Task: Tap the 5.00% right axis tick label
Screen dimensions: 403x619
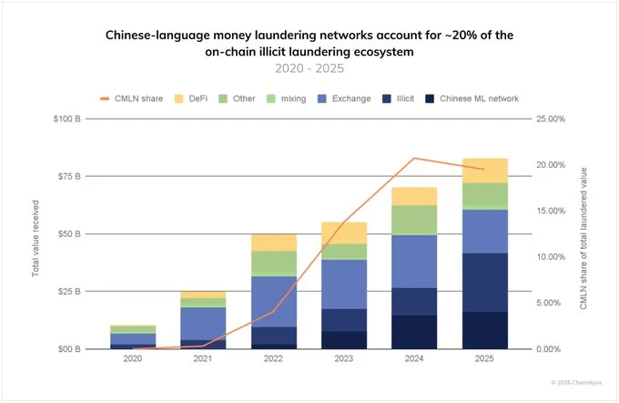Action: (550, 303)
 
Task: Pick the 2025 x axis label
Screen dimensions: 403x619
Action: (485, 361)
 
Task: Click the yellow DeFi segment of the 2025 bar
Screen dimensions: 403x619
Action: (485, 170)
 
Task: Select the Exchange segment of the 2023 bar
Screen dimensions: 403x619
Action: (344, 284)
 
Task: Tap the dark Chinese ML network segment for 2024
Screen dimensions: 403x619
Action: (415, 332)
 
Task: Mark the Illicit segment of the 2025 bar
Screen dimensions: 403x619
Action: (485, 282)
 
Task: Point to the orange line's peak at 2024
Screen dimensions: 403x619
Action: (415, 159)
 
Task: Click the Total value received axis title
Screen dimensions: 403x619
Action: (36, 234)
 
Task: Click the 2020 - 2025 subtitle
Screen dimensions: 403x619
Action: (309, 68)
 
